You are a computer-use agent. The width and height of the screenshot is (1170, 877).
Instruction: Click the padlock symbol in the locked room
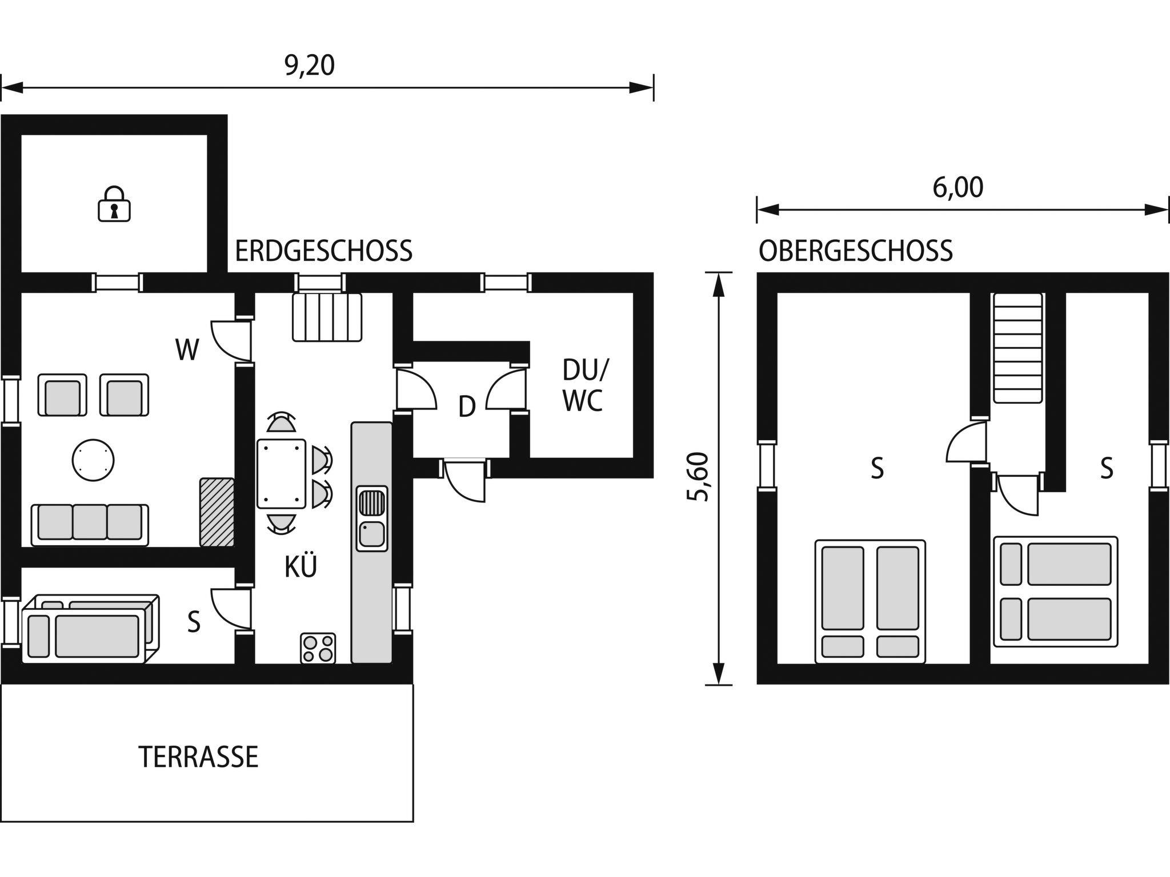coord(114,203)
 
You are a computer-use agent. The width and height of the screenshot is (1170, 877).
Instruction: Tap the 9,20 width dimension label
coord(310,66)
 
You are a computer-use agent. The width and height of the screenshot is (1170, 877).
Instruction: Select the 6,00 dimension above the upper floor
coord(958,188)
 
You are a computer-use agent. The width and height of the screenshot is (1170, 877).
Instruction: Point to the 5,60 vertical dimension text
coord(698,477)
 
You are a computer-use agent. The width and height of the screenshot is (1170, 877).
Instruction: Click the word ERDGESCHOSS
coord(323,251)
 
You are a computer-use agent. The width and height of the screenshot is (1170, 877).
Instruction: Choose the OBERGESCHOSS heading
coord(856,251)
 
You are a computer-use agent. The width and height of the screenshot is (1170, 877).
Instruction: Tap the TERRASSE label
coord(198,757)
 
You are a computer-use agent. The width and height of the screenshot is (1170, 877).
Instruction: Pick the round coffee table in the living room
coord(93,459)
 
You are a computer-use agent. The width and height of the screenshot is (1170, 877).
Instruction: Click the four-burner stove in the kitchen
coord(318,648)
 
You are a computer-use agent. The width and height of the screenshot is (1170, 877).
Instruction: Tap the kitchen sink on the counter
coord(372,518)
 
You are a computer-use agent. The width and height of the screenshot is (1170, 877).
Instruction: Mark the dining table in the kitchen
coord(281,473)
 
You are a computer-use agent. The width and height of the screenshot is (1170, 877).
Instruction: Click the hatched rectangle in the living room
coord(217,512)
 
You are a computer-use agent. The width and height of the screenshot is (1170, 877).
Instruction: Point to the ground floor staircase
coord(327,317)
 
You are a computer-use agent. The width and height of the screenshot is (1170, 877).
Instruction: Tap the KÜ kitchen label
coord(301,567)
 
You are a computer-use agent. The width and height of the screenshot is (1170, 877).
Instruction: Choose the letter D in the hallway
coord(467,407)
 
